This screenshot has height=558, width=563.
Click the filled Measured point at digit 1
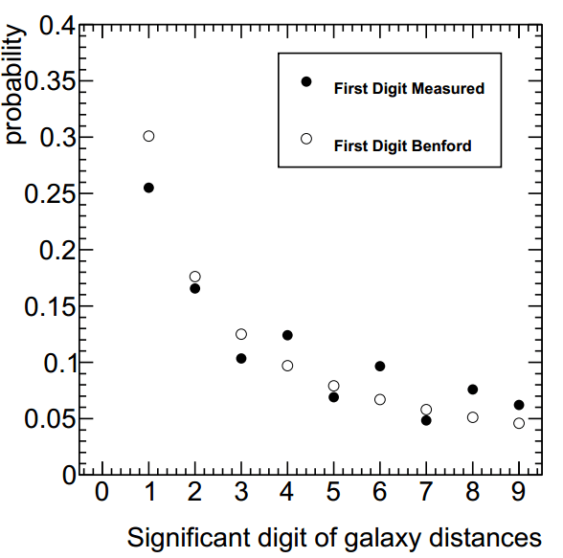click(148, 188)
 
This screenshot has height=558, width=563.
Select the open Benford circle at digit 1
click(148, 136)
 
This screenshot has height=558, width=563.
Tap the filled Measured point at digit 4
click(287, 335)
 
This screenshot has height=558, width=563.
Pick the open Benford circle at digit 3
click(241, 334)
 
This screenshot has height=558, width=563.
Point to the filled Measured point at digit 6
click(380, 366)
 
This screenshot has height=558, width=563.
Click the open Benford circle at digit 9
click(518, 423)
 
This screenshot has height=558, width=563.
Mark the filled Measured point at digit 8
click(472, 389)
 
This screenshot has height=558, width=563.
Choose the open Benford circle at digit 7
click(426, 410)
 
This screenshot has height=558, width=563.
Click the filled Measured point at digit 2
click(195, 288)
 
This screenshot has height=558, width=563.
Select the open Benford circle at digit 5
click(333, 386)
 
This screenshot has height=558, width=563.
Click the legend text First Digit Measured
click(409, 89)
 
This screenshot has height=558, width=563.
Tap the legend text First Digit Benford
click(403, 146)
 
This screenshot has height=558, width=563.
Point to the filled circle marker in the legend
click(306, 81)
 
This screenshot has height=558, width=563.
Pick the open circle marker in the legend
click(306, 139)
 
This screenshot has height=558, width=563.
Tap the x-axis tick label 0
click(102, 492)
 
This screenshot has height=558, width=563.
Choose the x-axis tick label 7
click(426, 492)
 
